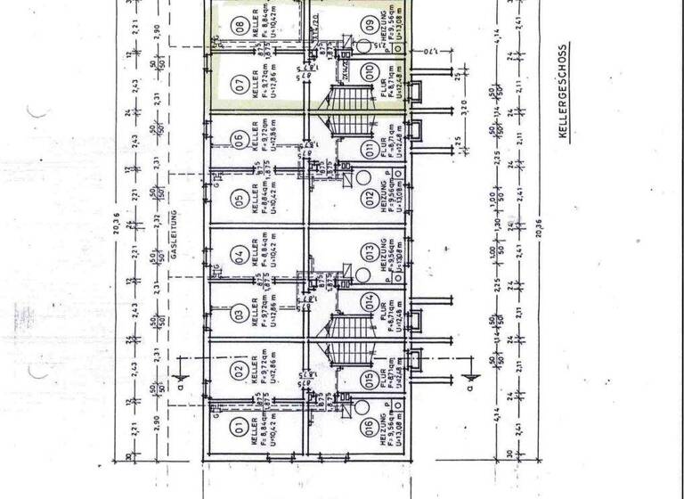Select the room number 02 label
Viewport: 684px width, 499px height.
coord(238,371)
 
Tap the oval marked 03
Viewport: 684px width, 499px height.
coord(238,314)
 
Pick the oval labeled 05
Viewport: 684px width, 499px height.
coord(238,197)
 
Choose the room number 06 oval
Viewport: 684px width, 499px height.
coord(238,141)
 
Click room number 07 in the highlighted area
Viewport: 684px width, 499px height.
coord(238,84)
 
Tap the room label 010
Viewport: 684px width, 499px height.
coord(369,70)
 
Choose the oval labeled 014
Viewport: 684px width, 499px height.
coord(369,301)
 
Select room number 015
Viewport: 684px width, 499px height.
coord(369,379)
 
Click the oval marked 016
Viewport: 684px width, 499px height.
coord(369,428)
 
